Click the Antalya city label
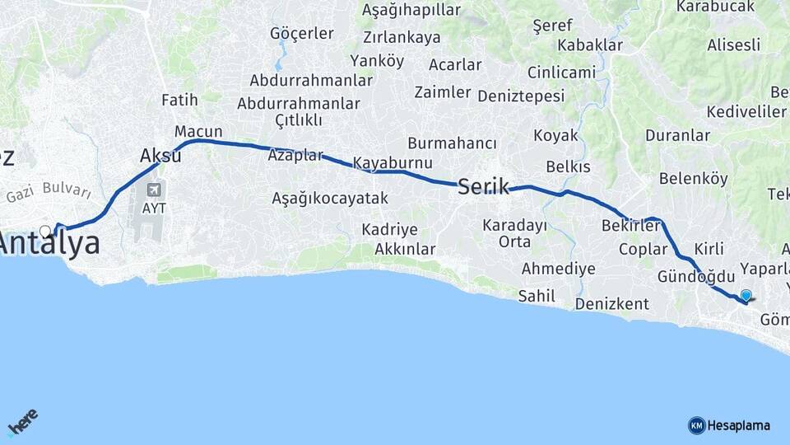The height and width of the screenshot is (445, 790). pos(51,244)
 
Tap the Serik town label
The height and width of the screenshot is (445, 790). pos(483,186)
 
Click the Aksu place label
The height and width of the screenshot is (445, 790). pos(160,155)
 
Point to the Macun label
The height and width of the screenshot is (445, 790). pos(198,131)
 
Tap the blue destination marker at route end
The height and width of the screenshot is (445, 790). pos(746,295)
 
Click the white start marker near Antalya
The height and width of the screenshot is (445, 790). pos(45,231)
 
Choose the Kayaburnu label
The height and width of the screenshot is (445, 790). pos(393,162)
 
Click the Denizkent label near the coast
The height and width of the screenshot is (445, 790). pos(611,304)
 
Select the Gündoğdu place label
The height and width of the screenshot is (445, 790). pos(696,276)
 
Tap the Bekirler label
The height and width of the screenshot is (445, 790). pos(631,225)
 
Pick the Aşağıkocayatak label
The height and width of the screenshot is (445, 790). pos(330,198)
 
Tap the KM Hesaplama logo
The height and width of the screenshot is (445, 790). pos(729,425)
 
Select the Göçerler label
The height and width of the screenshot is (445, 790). pos(302,34)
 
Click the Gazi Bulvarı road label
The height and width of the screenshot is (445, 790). pos(49,194)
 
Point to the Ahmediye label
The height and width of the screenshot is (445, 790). pos(558,269)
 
